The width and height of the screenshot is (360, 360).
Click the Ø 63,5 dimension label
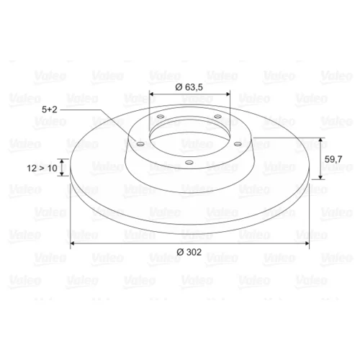pyautogui.click(x=189, y=87)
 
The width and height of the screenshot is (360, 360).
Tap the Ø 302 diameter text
pyautogui.click(x=189, y=252)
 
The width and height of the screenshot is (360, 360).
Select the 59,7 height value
pyautogui.click(x=333, y=159)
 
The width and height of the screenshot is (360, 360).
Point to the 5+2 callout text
pyautogui.click(x=50, y=109)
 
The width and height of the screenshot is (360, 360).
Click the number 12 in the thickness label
pyautogui.click(x=32, y=168)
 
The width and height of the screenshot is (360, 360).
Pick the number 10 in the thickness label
pyautogui.click(x=52, y=168)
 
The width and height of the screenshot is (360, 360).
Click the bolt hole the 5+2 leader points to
pyautogui.click(x=140, y=144)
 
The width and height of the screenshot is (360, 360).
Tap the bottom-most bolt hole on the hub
pyautogui.click(x=189, y=163)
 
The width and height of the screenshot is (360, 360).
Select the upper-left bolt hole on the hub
pyautogui.click(x=161, y=117)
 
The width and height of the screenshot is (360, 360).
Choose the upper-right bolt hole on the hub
pyautogui.click(x=217, y=117)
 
